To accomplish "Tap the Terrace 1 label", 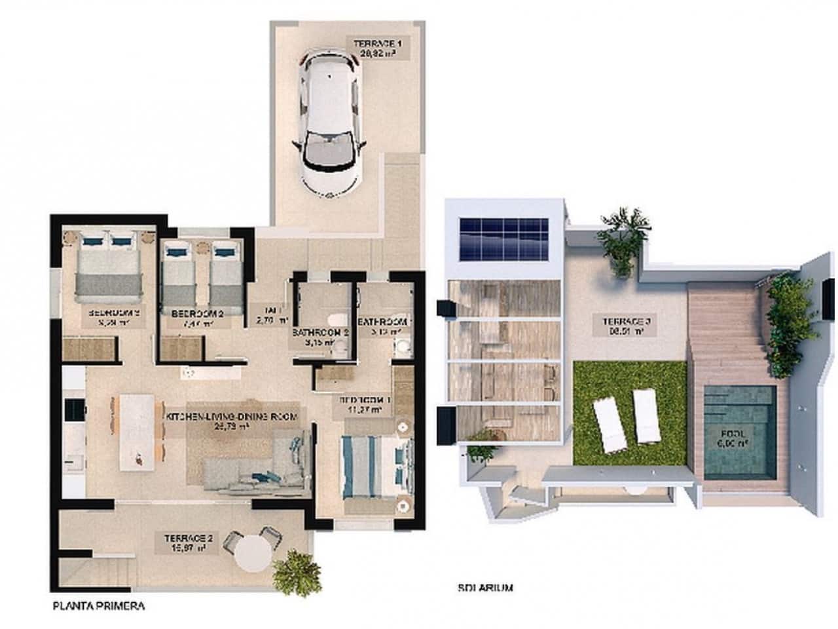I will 377,48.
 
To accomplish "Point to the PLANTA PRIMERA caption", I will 98,606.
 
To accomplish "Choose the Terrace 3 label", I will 616,325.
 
